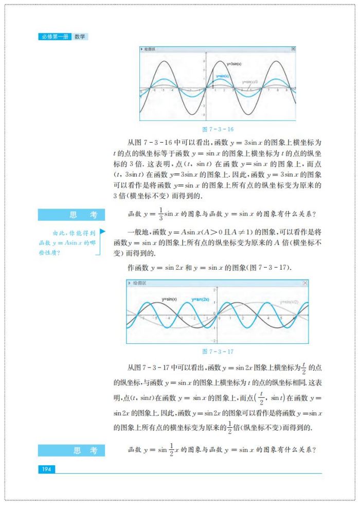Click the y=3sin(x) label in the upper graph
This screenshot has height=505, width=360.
[x=235, y=64]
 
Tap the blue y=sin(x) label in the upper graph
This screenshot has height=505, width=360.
[x=222, y=76]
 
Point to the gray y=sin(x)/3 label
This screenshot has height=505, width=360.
[x=250, y=81]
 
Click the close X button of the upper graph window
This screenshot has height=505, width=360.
[x=293, y=49]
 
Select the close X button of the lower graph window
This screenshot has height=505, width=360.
[x=305, y=283]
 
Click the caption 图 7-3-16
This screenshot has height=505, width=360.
[x=218, y=129]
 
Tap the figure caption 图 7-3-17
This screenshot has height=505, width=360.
[x=218, y=352]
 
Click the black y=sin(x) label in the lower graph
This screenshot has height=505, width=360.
[x=169, y=299]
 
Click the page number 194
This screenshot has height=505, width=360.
[x=46, y=469]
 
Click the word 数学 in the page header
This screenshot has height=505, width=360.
[x=80, y=37]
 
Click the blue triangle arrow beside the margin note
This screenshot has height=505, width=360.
[x=102, y=232]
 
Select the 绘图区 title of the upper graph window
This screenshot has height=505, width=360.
[x=150, y=49]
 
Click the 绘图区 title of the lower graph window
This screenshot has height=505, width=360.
[x=139, y=283]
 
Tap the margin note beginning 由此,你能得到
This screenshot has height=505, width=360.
[x=67, y=242]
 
